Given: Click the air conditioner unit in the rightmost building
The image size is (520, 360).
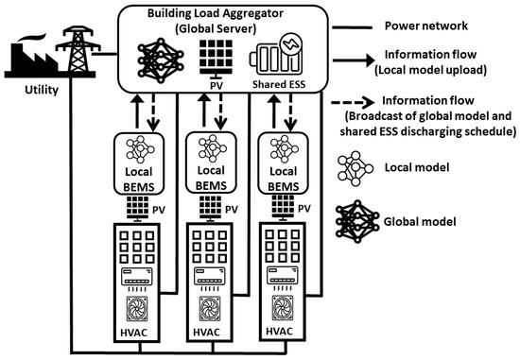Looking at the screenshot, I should coord(283,277).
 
